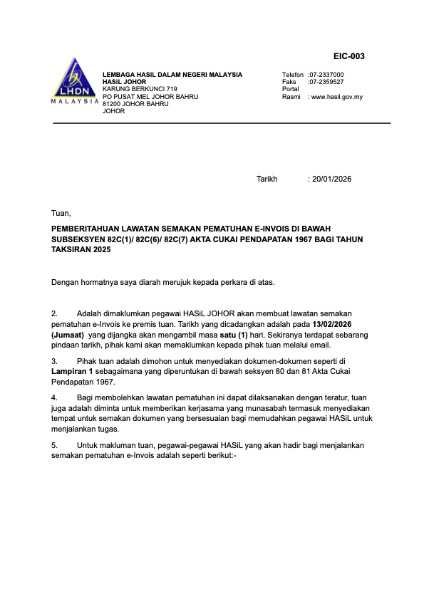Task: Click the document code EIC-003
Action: (349, 56)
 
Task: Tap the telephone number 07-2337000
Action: (326, 74)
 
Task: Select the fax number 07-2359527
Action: (326, 82)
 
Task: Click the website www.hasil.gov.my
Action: (336, 97)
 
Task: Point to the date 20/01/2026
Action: (331, 179)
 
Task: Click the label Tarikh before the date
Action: (267, 179)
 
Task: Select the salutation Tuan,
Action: (61, 213)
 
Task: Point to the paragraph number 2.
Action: (54, 313)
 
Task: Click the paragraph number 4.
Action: (54, 397)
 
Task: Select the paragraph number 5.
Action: (54, 445)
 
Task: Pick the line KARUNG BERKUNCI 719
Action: (140, 89)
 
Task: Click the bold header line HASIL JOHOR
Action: (125, 82)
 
